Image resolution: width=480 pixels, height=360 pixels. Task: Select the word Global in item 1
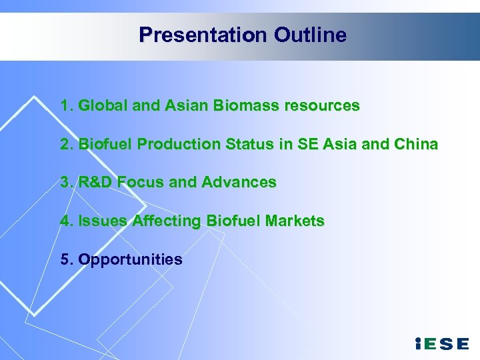99,105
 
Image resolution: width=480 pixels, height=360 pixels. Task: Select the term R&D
96,182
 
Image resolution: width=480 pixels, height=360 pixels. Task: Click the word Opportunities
130,259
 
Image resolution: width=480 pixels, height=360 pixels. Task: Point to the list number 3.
65,182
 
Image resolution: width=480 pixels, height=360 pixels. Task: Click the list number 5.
65,259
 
